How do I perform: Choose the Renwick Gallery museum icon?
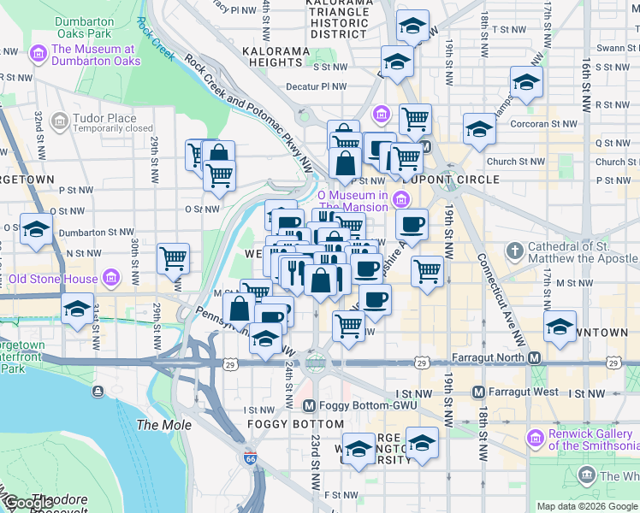pos(536,439)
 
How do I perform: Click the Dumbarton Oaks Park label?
pos(84,27)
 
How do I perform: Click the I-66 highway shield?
pos(249,458)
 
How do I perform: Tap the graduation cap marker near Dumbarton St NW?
pos(37,230)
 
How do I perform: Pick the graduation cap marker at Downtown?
pos(560,327)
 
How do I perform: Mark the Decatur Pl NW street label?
pos(317,86)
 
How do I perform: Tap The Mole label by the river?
pos(158,425)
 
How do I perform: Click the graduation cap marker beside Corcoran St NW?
pos(479,130)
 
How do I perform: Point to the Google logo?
pos(28,503)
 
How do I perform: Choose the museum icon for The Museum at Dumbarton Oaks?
pos(38,56)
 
